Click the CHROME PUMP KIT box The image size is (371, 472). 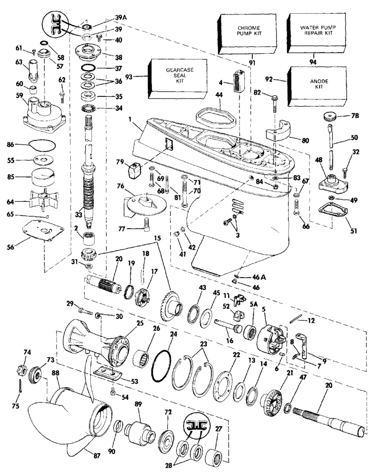coord(246,34)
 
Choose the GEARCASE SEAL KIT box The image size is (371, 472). coord(178,79)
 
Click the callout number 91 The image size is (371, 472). coord(252,63)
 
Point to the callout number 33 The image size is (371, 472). coord(79,215)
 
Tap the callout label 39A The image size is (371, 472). coord(121,18)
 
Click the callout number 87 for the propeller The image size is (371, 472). coord(97,456)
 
